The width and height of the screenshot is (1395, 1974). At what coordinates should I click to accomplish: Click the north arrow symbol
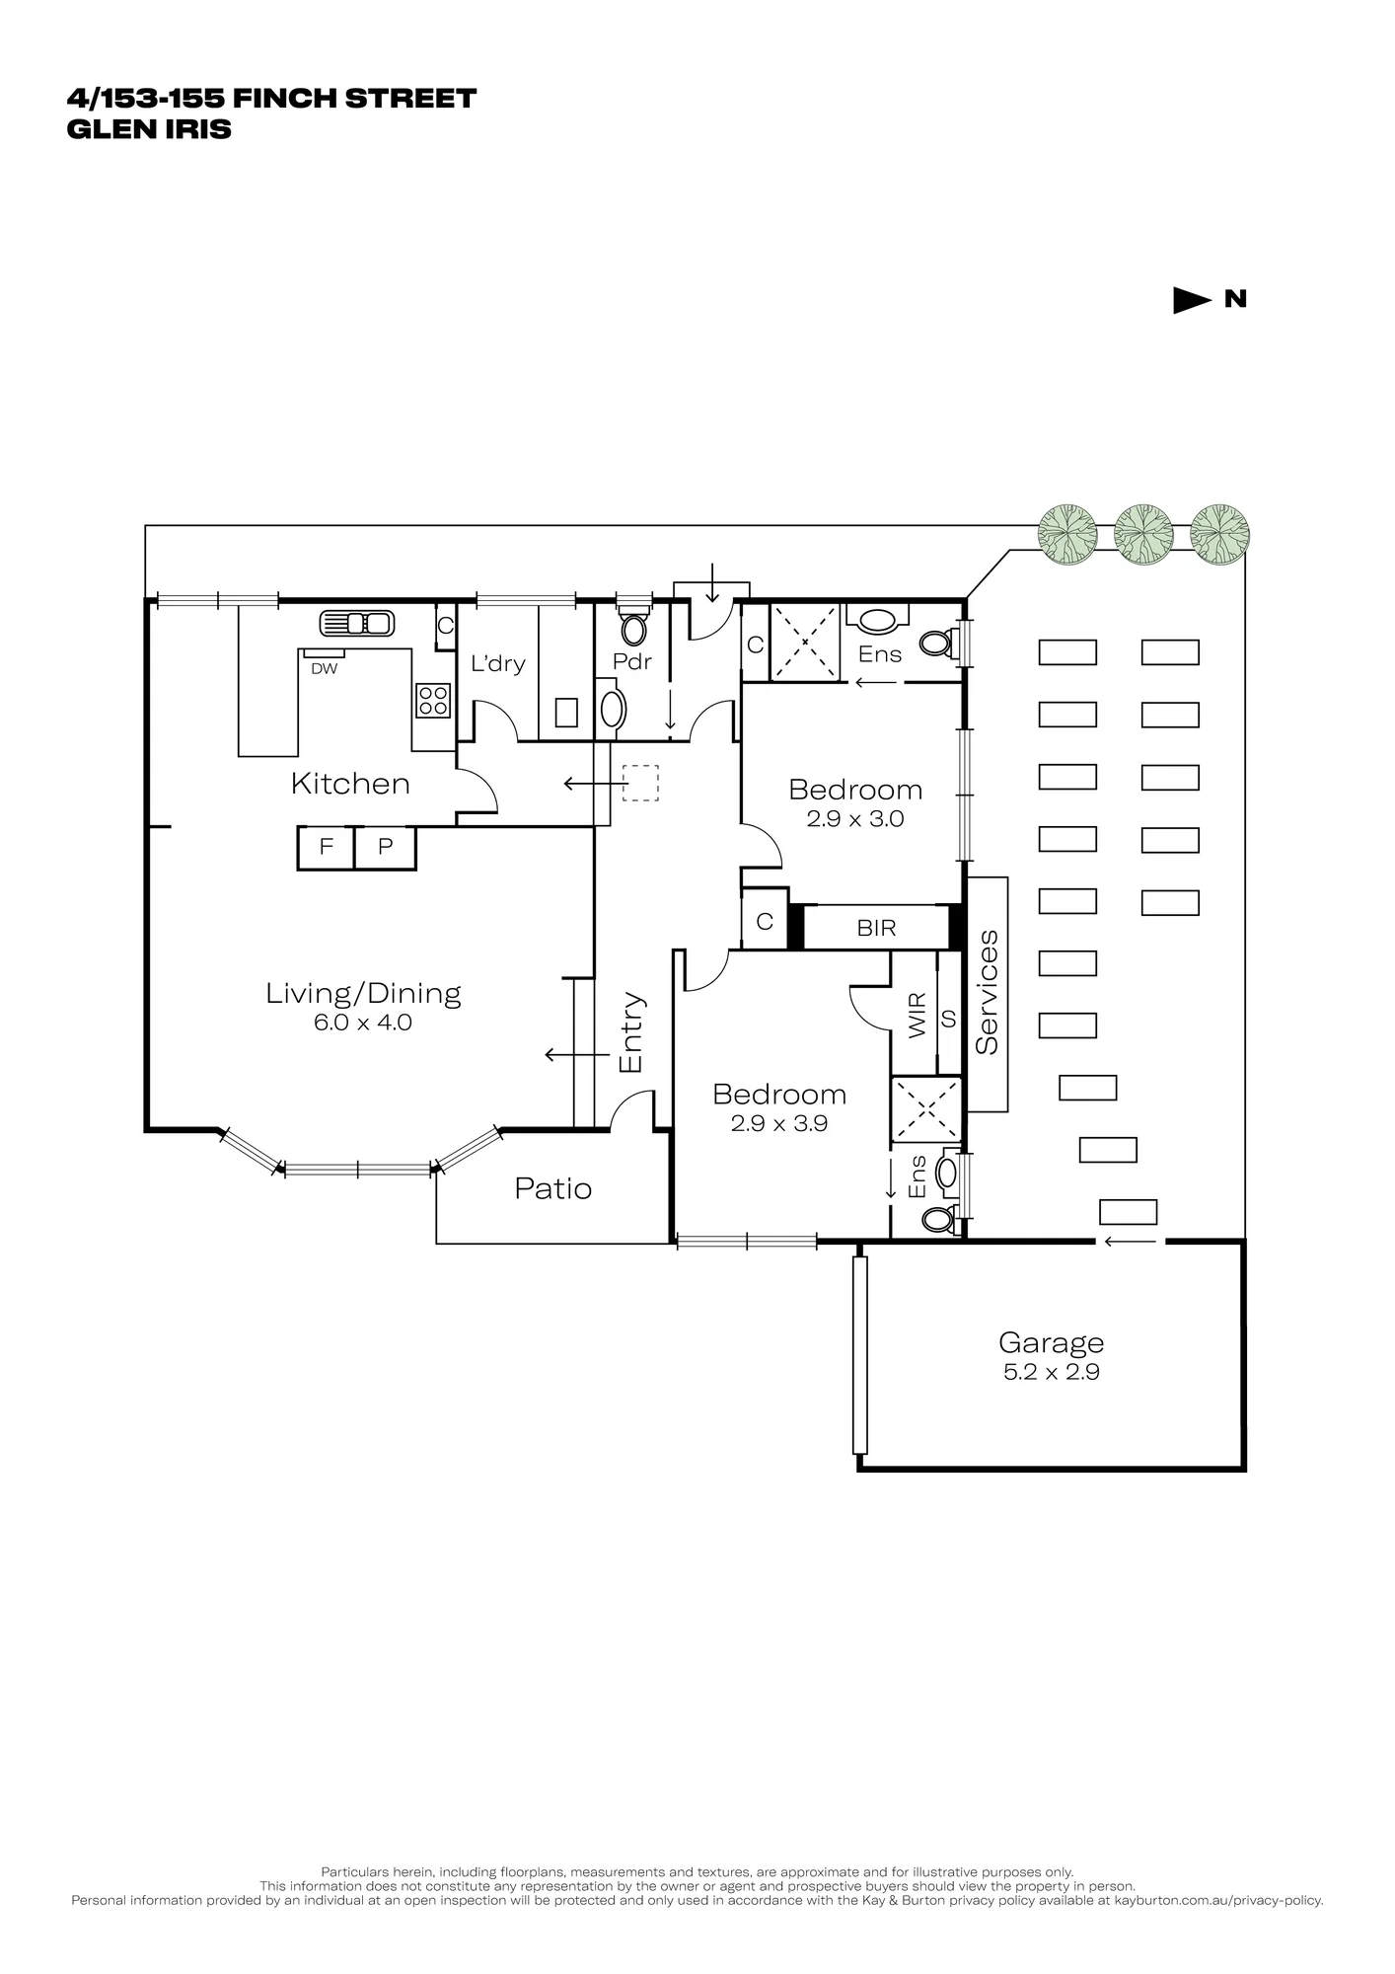pos(1192,300)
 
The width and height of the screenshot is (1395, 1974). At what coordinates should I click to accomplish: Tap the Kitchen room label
pos(350,784)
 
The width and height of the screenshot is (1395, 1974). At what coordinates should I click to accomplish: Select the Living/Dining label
pos(363,993)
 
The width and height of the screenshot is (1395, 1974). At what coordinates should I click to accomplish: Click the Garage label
pos(1051,1343)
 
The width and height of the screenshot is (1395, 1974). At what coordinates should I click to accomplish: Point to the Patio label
pos(553,1188)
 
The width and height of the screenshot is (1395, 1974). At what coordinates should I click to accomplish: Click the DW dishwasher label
pos(324,668)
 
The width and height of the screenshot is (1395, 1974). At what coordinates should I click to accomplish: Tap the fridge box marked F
pos(327,848)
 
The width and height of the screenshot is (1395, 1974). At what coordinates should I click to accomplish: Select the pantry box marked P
pos(386,848)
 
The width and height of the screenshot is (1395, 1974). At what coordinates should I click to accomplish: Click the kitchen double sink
pos(357,624)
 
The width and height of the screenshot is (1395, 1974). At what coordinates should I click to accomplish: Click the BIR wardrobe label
pos(876,929)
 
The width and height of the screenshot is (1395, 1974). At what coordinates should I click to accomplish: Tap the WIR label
pos(917,1015)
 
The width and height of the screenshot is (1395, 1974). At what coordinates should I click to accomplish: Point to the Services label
pos(987,992)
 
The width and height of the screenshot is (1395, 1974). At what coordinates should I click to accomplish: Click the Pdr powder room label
pos(632,661)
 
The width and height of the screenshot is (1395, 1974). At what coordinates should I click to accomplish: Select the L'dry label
pos(497,663)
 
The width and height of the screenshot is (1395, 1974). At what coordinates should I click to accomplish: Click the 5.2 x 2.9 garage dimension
pos(1051,1372)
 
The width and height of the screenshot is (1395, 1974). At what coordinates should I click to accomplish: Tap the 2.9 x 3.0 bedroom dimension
pos(855,818)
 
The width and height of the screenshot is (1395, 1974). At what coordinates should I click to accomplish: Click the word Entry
pos(630,1032)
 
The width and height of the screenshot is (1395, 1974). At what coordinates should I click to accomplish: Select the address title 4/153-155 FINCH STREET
pos(271,99)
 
